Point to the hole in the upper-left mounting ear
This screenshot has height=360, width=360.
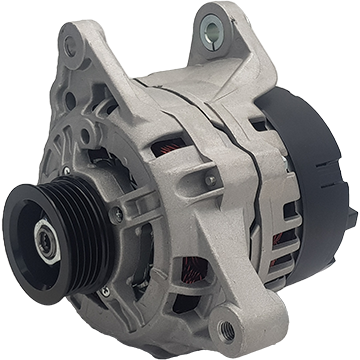point(69,45)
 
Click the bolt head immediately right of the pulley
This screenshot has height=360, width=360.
point(117,214)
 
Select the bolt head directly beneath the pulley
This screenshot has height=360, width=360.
point(104,291)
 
